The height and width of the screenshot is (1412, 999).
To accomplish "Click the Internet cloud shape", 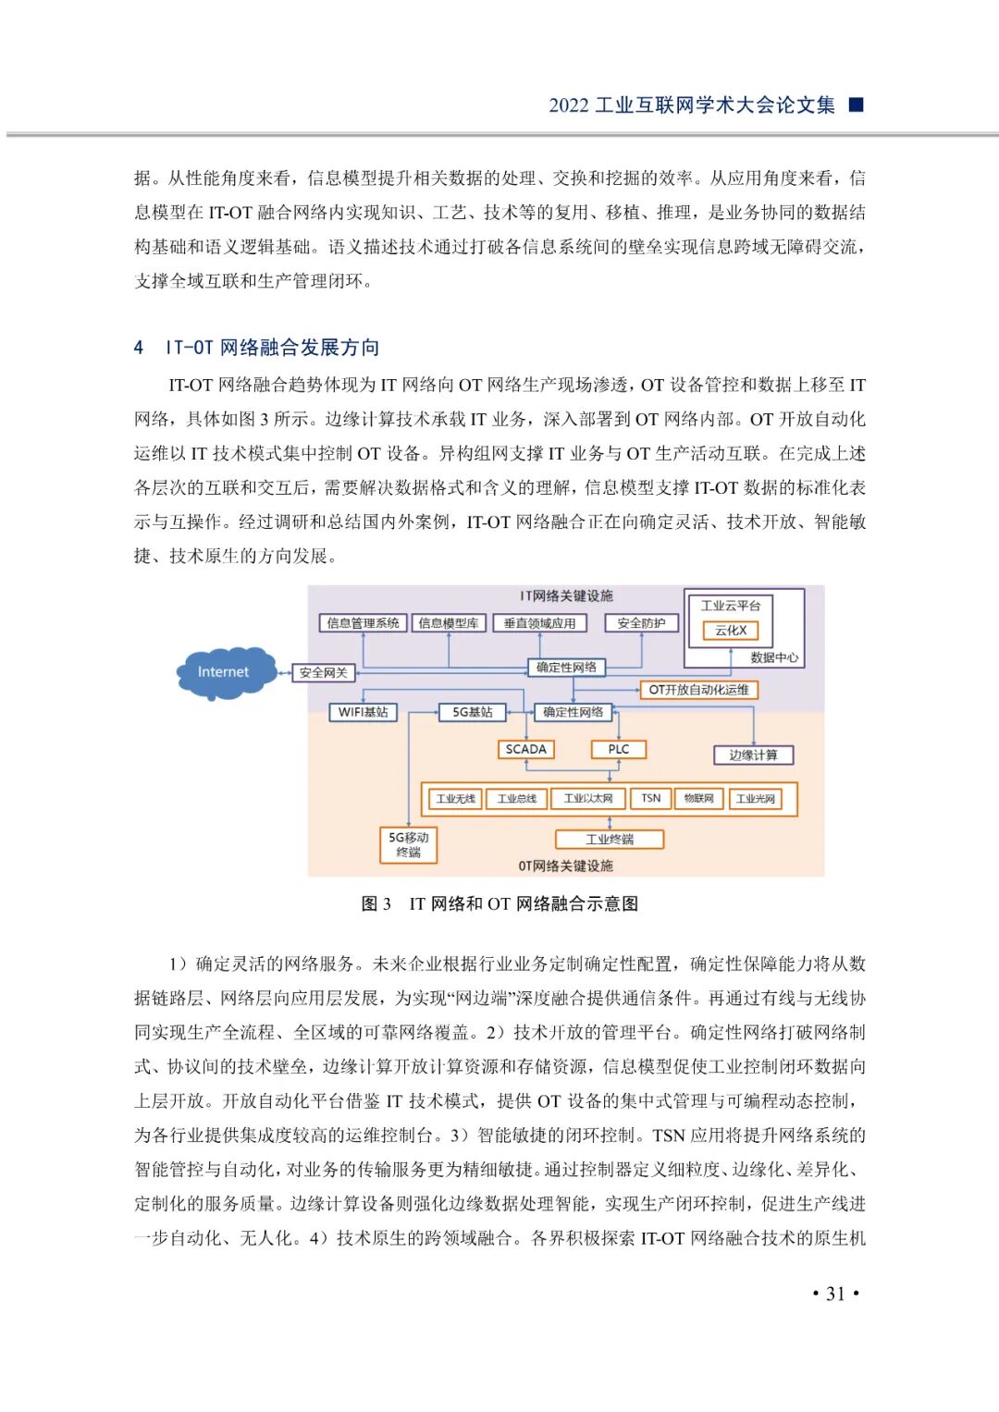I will coord(225,672).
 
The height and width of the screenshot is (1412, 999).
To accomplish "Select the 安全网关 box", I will coord(323,672).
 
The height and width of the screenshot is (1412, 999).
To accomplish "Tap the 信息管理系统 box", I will coord(363,623).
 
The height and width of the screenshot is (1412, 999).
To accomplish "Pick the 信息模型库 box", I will coord(449,623).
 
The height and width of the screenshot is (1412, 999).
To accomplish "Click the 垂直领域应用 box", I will coord(539,623).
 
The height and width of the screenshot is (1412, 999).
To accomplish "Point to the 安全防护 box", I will coord(641,623).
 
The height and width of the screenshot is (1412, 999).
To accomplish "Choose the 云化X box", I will coord(731,631).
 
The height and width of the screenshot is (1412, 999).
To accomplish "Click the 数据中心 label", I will coord(774,657).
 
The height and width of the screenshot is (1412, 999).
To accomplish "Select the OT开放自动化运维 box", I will coord(698,690).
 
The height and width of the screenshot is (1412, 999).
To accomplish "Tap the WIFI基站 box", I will coord(363,712).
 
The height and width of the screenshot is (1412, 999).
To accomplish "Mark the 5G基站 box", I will coord(472,712).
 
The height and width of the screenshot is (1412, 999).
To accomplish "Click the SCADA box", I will coord(525,749).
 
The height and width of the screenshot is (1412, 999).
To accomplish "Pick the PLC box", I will coord(619,749).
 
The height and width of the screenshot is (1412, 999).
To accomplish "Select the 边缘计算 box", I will coord(753,755).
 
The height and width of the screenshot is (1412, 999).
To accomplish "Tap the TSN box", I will coord(651,798).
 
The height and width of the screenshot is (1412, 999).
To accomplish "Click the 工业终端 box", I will coord(610,840).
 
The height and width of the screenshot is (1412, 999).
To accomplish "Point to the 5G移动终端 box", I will coord(408,844).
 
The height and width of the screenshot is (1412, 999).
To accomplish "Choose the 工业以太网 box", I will coord(588,798).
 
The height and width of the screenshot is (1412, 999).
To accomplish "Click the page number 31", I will coord(835,1294).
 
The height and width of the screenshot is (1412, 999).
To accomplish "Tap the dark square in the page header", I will coord(856,104).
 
